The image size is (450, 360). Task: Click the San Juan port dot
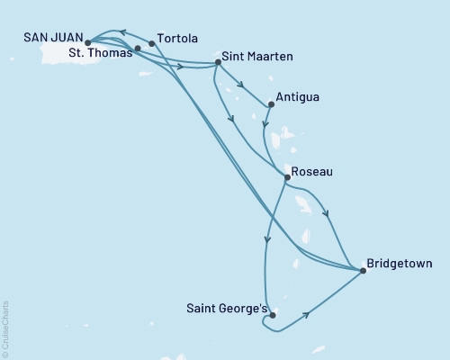(86, 42)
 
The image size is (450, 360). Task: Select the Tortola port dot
(151, 42)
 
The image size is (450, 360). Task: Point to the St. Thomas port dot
(137, 49)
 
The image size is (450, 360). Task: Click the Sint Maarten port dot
(216, 63)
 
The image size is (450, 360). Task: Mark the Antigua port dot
(271, 104)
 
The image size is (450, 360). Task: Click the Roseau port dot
(286, 177)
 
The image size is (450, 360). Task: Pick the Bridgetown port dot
(363, 268)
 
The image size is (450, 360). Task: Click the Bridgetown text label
(400, 265)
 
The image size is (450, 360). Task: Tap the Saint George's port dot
(272, 315)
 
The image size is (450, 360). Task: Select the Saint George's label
(226, 309)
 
